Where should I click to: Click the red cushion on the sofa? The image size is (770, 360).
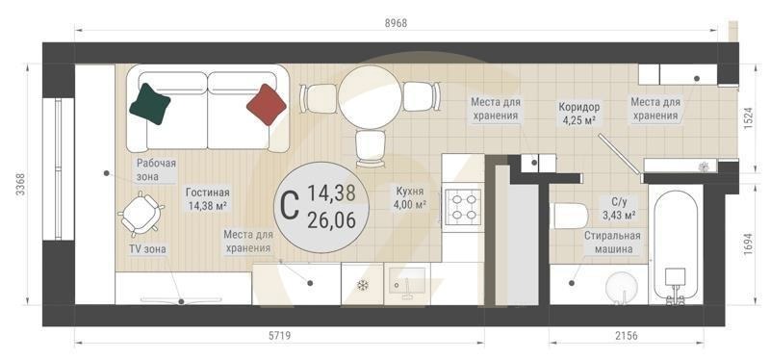click(267, 104)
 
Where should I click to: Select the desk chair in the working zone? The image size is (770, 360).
click(141, 213)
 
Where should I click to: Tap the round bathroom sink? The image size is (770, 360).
click(622, 286)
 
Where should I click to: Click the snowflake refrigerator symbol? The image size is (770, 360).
click(363, 285)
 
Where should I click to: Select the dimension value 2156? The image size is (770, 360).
click(626, 336)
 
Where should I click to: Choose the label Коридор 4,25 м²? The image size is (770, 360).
click(579, 113)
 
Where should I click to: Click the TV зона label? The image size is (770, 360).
click(147, 249)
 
